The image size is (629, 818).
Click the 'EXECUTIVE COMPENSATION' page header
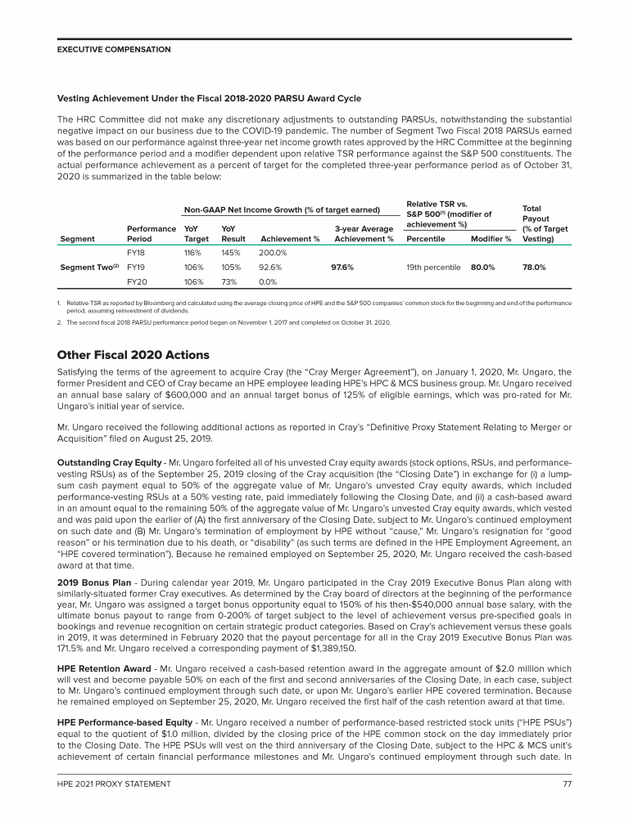114,49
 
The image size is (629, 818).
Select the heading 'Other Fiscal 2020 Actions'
133,355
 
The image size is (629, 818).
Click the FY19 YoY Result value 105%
233,267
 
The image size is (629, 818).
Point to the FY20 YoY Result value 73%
230,281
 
